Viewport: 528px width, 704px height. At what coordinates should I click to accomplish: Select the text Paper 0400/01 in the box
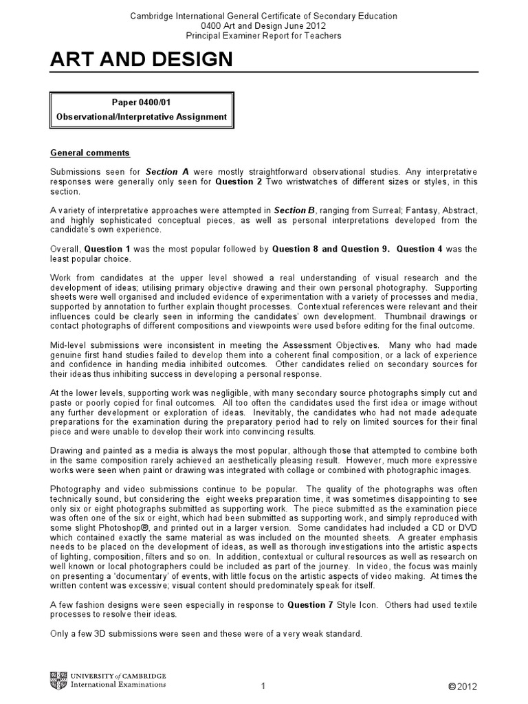point(141,102)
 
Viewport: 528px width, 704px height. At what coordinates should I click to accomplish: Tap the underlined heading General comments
point(90,153)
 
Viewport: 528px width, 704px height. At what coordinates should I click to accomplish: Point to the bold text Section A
point(162,171)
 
